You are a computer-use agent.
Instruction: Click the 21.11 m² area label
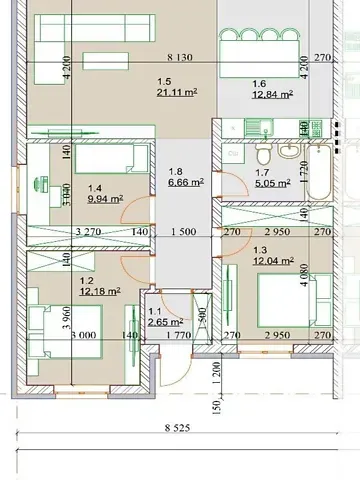point(175,95)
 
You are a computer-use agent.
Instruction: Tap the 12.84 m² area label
point(272,95)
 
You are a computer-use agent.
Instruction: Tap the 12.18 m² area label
point(102,291)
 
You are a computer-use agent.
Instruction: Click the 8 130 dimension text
point(183,58)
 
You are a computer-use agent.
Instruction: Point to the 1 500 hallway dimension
point(183,232)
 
